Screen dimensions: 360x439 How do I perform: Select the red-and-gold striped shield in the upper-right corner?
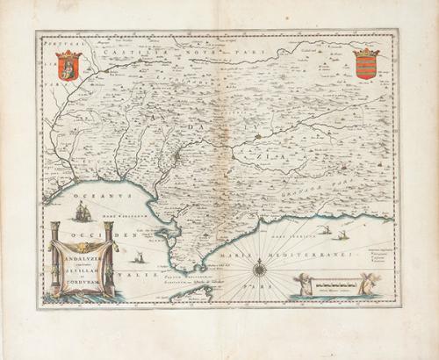point(366,64)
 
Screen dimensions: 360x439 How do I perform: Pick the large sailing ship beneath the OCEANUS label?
point(83,212)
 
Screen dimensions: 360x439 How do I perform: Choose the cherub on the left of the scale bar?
point(305,283)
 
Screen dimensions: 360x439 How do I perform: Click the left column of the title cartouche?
point(54,259)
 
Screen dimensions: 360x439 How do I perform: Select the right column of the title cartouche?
point(109,259)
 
